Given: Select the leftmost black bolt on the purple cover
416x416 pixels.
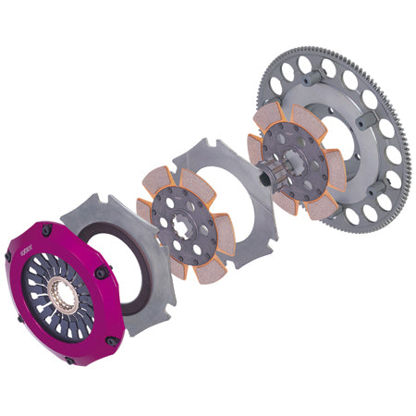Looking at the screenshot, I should click(8, 255).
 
